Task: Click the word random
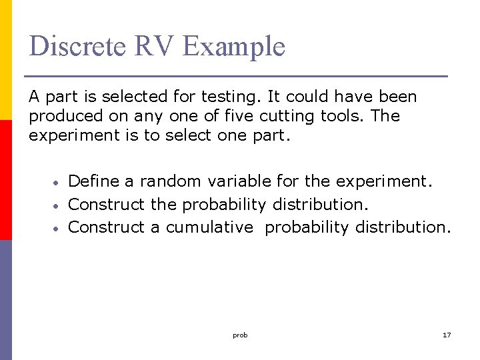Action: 171,181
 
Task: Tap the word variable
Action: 239,181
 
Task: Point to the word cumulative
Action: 209,227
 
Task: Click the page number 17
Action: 447,335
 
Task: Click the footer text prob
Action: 240,335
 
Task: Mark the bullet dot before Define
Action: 58,182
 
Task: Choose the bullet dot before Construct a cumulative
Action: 58,228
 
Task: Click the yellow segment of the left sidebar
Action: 5,60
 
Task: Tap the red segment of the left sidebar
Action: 5,180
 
